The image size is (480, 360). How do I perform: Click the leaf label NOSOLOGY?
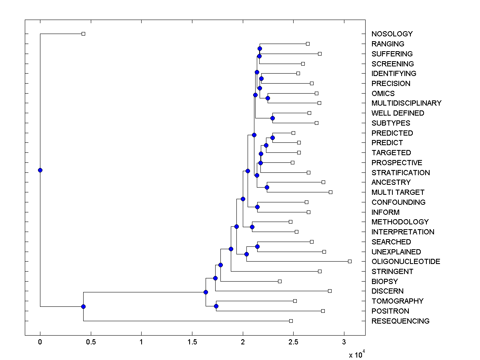click(x=392, y=34)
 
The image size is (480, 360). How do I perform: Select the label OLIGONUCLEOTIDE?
click(x=406, y=262)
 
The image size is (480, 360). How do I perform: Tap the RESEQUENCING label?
click(x=400, y=321)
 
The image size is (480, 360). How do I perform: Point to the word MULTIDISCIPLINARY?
click(x=406, y=103)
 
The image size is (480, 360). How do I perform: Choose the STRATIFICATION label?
click(x=400, y=173)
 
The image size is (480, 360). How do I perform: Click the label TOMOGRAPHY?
click(x=397, y=301)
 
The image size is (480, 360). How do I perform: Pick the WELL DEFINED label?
click(x=398, y=113)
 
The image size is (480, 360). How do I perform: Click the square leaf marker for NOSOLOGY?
click(x=83, y=34)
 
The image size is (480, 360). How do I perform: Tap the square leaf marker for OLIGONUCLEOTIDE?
click(x=350, y=262)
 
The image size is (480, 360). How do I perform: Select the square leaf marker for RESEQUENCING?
click(x=291, y=321)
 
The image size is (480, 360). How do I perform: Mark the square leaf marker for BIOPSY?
click(x=280, y=282)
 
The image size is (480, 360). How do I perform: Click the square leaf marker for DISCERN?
click(x=330, y=291)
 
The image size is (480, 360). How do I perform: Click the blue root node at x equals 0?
click(x=40, y=170)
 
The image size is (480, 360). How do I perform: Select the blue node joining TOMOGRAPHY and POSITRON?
click(x=216, y=306)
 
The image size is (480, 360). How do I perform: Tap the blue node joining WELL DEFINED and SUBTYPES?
click(x=272, y=118)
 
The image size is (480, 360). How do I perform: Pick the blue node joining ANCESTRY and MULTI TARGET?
click(x=267, y=187)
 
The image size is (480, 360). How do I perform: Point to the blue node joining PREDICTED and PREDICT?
click(x=272, y=138)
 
